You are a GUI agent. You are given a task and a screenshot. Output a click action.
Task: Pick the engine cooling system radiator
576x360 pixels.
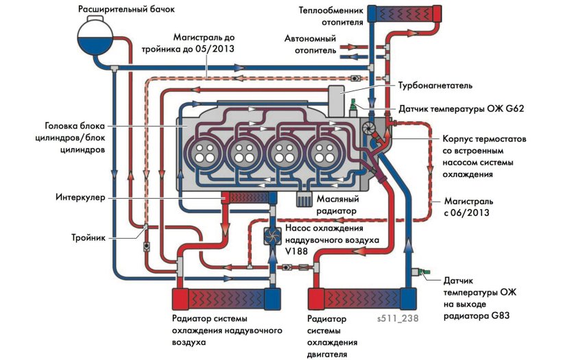[x=362, y=300]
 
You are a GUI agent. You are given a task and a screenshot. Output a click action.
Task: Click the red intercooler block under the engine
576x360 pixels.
[x=245, y=197]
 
